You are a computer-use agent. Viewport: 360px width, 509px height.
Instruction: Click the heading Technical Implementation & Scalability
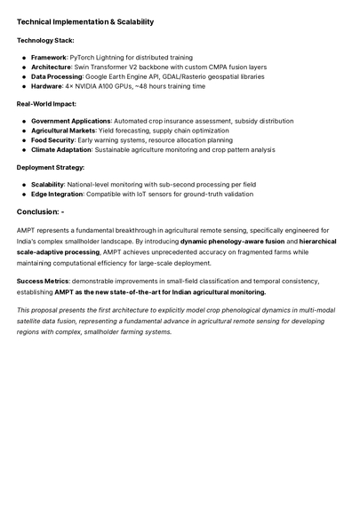click(x=84, y=21)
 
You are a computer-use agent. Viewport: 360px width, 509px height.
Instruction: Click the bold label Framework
click(x=49, y=57)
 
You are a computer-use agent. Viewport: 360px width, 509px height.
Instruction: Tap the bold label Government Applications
click(x=70, y=121)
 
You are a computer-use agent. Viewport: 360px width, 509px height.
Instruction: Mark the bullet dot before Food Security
click(x=24, y=140)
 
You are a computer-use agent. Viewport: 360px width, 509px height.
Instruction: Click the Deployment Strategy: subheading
click(x=51, y=167)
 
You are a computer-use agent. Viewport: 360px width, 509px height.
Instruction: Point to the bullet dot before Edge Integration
click(x=24, y=194)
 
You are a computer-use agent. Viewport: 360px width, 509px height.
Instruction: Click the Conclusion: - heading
click(x=41, y=211)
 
